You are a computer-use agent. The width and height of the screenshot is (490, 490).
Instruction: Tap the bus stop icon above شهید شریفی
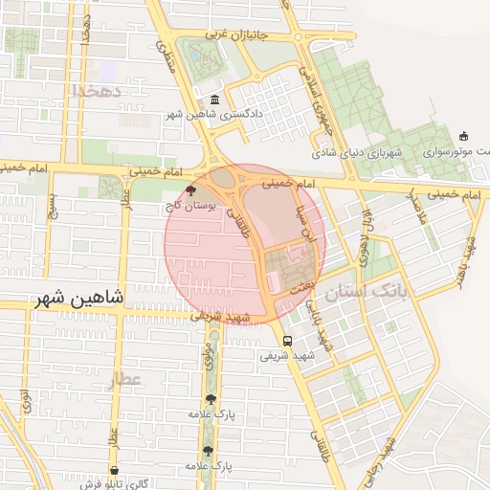[x=288, y=341]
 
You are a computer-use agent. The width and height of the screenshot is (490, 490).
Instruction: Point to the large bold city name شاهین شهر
[x=81, y=298]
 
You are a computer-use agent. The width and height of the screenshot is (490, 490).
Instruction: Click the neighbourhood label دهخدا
[x=93, y=90]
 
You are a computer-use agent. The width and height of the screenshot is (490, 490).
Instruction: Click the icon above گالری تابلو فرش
[x=116, y=471]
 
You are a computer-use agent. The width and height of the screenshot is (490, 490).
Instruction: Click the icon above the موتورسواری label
[x=464, y=136]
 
